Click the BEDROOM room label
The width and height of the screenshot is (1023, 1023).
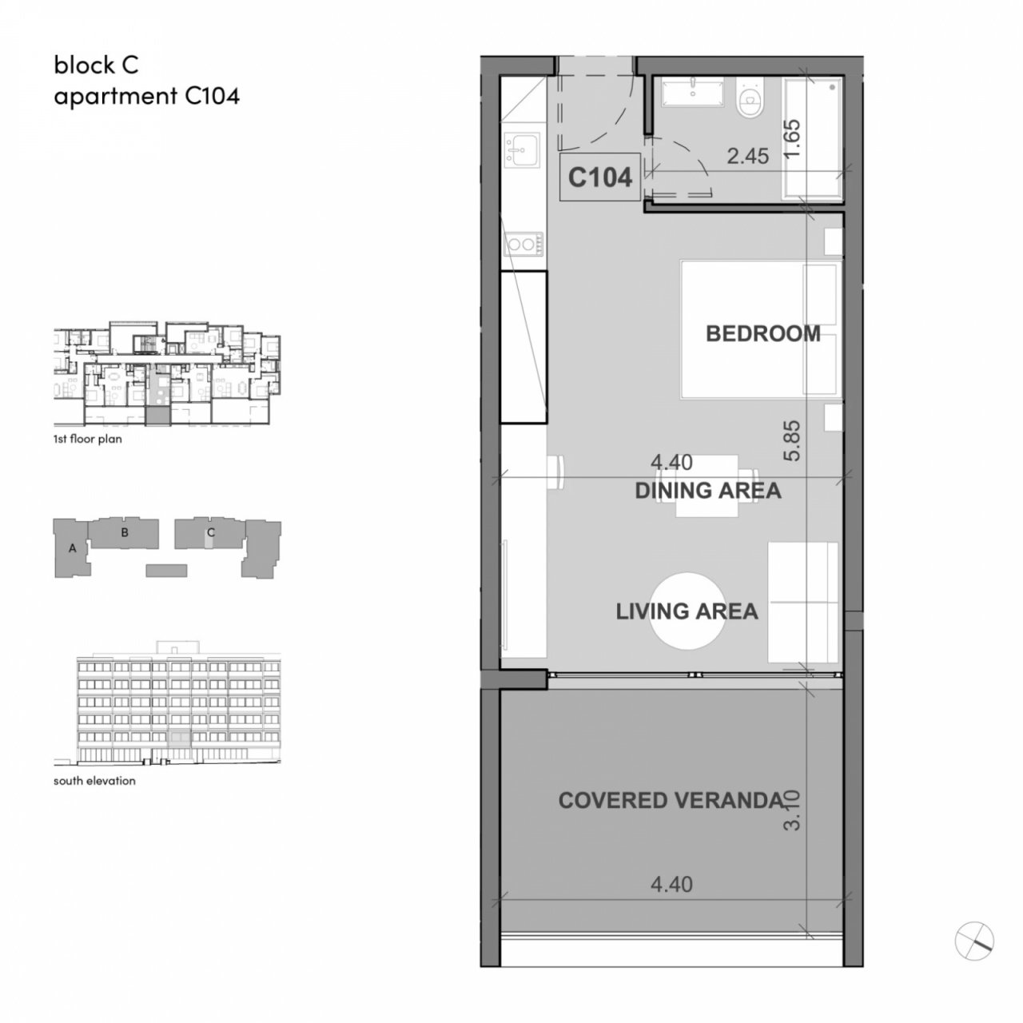762,334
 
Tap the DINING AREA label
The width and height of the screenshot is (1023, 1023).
707,491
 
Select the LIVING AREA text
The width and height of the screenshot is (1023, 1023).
687,611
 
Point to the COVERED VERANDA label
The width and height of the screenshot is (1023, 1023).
671,801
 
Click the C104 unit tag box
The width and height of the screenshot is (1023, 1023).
600,177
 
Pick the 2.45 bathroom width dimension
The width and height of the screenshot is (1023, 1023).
747,156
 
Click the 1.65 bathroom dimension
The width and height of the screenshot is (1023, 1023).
791,138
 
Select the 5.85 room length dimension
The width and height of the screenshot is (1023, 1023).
791,440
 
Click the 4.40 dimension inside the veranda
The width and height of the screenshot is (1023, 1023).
671,885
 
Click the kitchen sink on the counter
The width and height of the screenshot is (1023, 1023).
522,150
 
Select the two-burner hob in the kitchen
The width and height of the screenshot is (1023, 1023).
523,245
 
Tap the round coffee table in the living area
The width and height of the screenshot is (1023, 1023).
687,611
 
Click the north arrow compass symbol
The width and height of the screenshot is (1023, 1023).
974,941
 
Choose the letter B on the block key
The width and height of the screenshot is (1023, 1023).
124,532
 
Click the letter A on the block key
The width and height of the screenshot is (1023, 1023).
73,548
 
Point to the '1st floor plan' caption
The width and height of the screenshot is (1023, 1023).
88,439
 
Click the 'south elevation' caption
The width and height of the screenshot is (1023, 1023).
94,781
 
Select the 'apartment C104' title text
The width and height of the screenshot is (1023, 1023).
146,97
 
